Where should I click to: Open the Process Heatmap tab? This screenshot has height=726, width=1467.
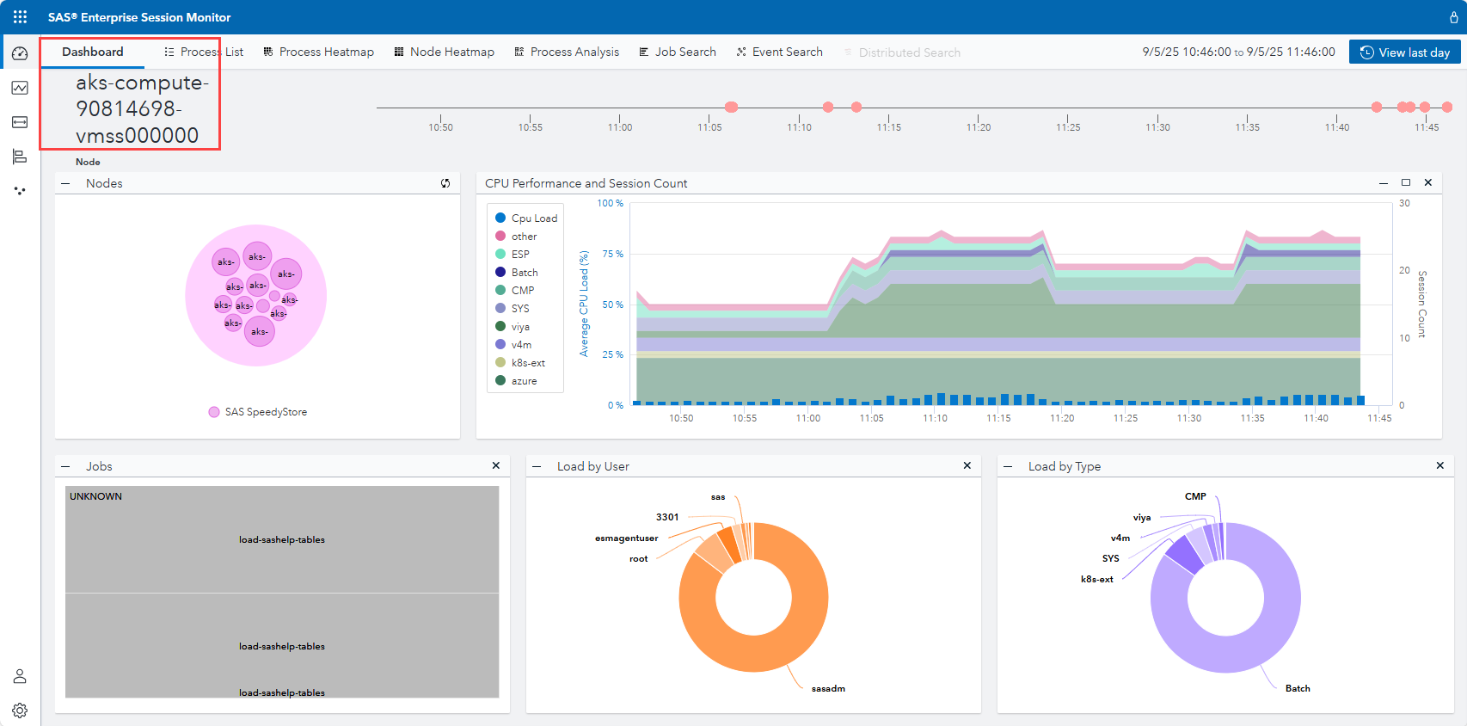[318, 52]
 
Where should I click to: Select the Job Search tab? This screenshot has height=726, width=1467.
[677, 52]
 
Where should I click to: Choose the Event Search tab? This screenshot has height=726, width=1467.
[779, 52]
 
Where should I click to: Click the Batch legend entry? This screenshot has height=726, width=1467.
[524, 273]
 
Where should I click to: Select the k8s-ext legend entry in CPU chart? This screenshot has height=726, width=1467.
[527, 363]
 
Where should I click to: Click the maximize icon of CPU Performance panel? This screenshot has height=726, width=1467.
[1406, 182]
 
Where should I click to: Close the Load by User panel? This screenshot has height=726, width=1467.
[967, 465]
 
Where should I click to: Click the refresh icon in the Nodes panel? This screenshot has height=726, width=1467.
[445, 183]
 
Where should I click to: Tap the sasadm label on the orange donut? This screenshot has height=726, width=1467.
[828, 689]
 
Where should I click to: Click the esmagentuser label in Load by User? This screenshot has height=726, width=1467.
[626, 538]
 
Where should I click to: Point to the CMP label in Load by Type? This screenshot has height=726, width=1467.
[1195, 496]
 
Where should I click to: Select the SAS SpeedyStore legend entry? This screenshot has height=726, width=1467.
[265, 412]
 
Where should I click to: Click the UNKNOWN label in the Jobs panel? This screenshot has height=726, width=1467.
[95, 496]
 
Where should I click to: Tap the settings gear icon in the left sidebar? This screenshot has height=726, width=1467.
[20, 711]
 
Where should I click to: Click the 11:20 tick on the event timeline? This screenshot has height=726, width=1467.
[979, 126]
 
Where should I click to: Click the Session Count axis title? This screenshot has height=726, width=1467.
[1421, 304]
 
